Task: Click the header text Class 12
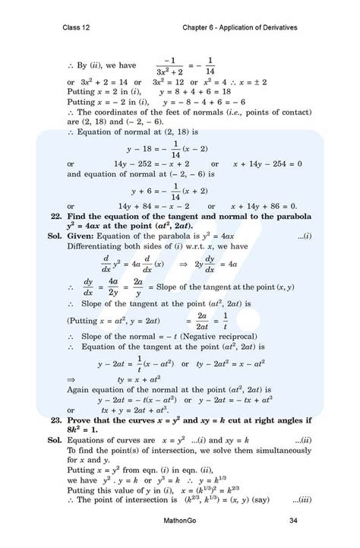[77, 27]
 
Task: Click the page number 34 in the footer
[293, 521]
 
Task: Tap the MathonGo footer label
[179, 521]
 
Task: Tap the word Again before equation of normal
[81, 388]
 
